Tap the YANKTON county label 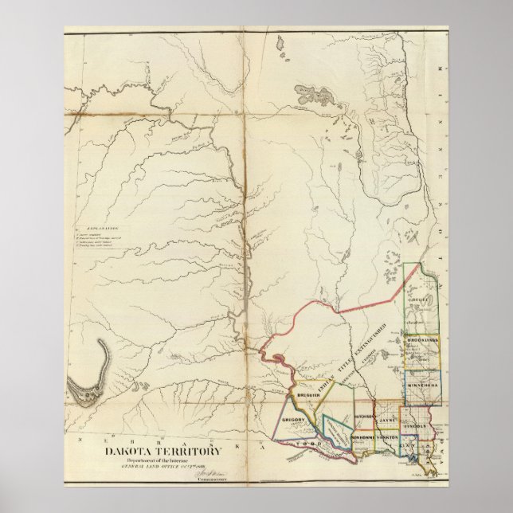pyautogui.click(x=388, y=438)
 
